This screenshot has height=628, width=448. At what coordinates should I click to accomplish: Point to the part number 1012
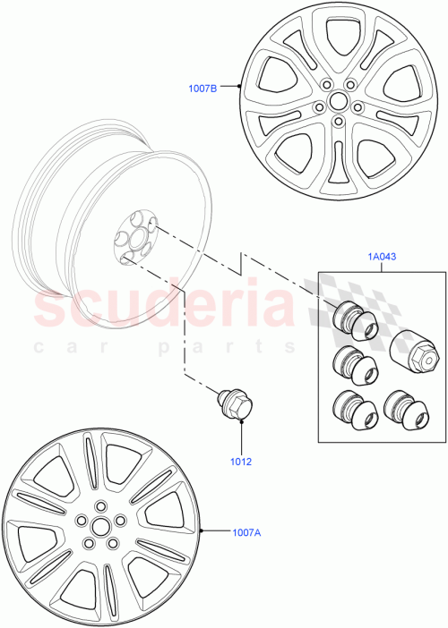coord(240,463)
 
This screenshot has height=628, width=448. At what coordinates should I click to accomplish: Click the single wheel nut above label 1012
coord(236,407)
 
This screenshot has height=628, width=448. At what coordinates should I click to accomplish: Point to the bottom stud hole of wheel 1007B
coord(338,122)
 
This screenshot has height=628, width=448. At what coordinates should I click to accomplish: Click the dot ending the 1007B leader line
coord(240,87)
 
